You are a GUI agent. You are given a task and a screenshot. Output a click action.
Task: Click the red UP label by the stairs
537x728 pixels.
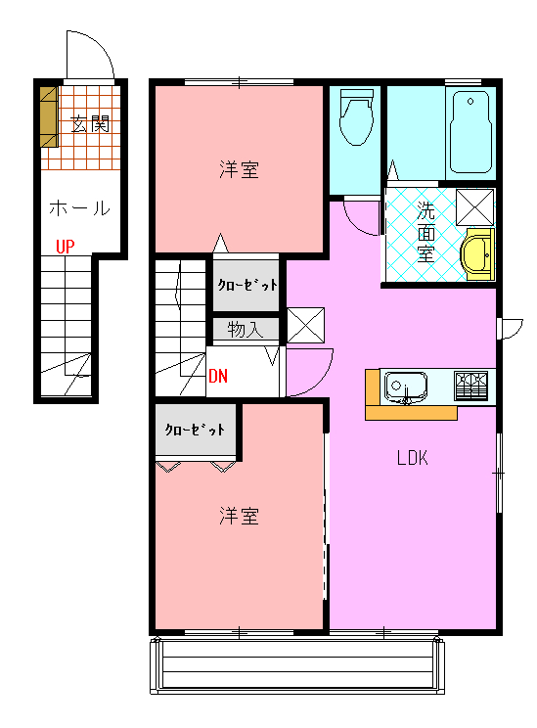pos(65,246)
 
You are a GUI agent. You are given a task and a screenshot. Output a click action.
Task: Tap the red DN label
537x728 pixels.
pos(218,376)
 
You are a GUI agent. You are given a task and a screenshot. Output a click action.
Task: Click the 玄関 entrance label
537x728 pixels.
pos(90,124)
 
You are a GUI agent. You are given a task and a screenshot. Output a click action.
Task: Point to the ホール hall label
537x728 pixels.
pos(79,208)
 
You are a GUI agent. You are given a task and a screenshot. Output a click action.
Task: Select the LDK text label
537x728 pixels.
pos(412,458)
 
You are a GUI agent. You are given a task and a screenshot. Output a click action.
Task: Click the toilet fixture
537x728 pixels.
pos(356,117)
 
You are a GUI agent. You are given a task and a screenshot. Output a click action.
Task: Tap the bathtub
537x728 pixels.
pos(470,132)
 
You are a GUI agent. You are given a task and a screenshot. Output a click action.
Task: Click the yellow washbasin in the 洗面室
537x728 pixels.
pos(476,254)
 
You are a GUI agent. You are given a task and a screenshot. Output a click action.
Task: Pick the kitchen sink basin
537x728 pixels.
pos(406,387)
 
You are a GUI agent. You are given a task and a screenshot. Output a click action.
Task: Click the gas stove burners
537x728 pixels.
pos(470,385)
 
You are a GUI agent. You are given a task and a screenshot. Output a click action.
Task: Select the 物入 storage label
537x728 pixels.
pos(246,330)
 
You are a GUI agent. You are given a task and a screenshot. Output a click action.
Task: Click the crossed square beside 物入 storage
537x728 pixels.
pos(305,325)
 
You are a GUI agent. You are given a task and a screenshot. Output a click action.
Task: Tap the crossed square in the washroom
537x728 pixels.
pos(474,207)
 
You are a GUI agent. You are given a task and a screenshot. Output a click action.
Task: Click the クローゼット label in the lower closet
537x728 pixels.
pos(195,430)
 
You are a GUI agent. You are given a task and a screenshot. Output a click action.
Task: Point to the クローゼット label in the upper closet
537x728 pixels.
pos(247,285)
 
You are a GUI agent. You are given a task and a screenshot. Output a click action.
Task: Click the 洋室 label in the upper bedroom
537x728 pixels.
pos(239,169)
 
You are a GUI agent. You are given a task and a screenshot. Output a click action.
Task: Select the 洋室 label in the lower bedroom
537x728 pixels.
pos(239,516)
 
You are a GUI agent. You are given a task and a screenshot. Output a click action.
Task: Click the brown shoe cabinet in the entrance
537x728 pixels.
pos(48,117)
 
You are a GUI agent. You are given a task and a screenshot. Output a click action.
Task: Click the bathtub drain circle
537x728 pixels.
pos(470,101)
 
